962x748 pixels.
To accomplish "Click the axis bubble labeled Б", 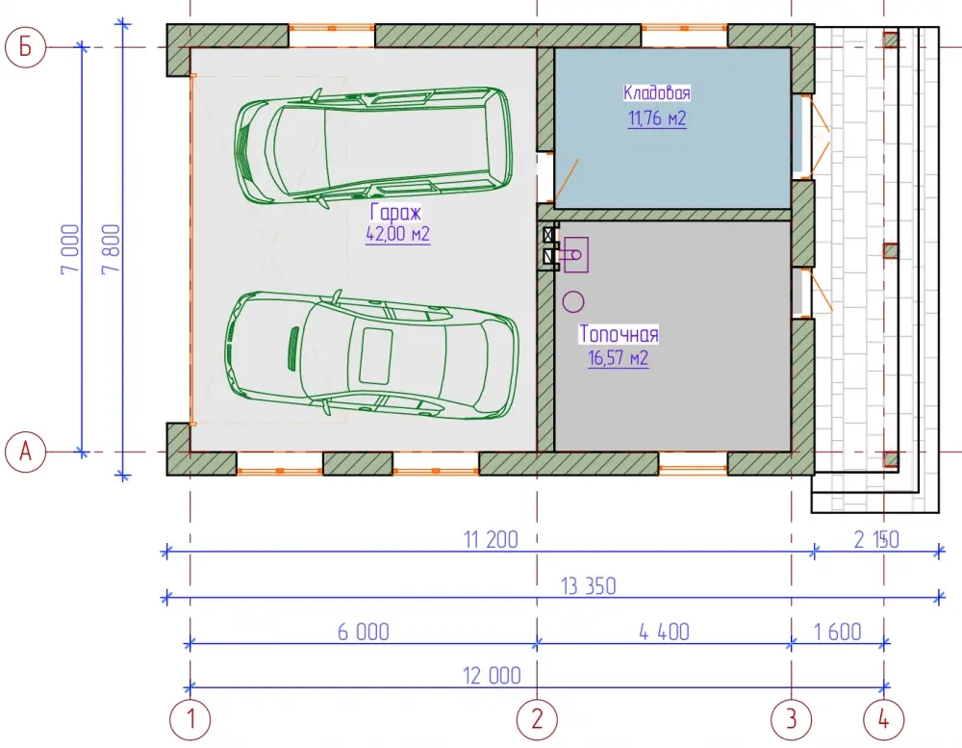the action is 25,46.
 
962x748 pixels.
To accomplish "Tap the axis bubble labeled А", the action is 25,452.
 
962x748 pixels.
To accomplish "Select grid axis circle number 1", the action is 190,719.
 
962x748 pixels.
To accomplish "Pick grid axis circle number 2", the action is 537,719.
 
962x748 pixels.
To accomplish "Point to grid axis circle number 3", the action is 792,719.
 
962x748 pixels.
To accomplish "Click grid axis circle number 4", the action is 883,719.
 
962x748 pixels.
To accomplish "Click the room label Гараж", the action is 395,213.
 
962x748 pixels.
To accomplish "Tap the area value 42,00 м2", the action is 398,234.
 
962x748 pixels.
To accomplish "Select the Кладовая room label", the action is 656,92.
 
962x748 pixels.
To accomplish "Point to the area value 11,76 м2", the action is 657,117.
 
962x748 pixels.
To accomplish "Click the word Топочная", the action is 619,334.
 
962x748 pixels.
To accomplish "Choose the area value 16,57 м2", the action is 619,357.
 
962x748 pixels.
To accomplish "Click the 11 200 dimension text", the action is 491,540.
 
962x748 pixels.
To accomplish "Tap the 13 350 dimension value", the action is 589,586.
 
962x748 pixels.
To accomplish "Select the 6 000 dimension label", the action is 364,632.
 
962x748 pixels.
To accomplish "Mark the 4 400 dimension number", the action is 664,632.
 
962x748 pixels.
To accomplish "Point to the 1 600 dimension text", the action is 838,632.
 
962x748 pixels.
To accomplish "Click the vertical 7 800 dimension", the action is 112,249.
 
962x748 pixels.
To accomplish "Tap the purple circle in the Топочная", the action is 573,301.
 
